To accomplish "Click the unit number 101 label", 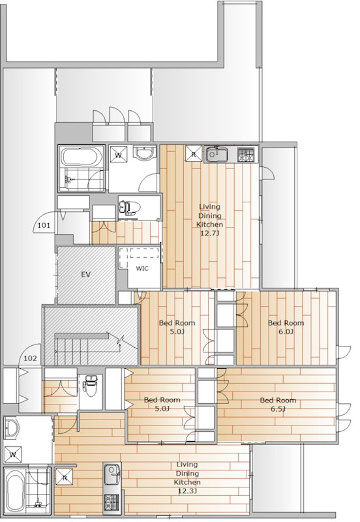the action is coord(44,225).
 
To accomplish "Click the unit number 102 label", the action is coord(30,358).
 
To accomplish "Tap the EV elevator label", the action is coord(86,275).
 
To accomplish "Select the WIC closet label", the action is coord(142,268).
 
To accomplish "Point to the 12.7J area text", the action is coord(209,233).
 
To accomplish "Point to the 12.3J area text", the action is coord(187,491).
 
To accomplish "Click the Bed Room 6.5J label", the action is coord(278,405).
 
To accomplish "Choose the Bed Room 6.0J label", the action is coord(286,327).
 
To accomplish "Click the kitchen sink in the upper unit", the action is coord(217,154).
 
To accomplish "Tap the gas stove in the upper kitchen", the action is coord(247,155).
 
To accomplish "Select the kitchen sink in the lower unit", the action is coord(112,474).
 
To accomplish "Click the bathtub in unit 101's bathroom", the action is coord(82,157).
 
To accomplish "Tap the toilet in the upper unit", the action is coord(128,207).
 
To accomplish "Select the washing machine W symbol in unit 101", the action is coord(118,154).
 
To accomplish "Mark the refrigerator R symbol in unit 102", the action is coord(64,477).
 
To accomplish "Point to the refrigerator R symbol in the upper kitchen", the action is coord(193,153).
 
